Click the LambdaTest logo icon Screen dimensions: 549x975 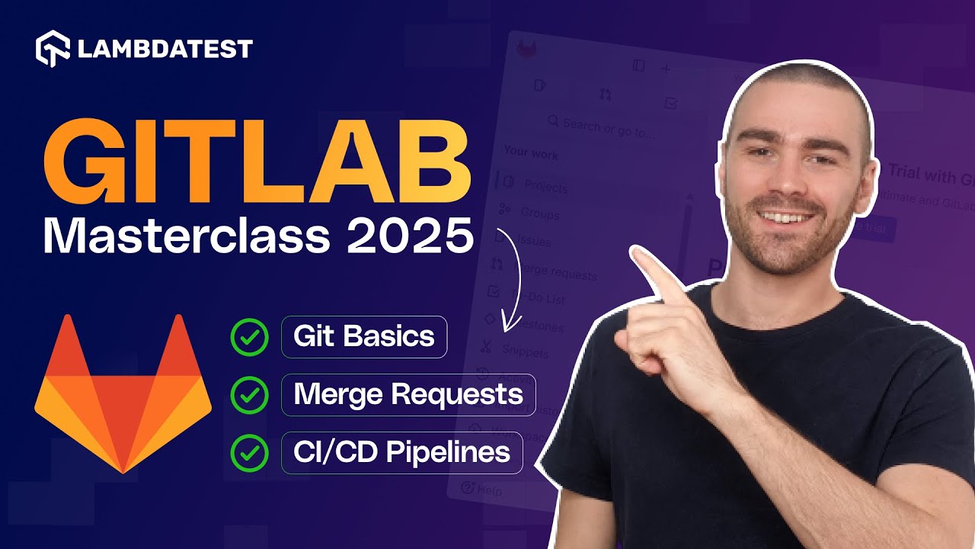click(x=53, y=50)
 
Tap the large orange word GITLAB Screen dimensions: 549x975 click(x=256, y=164)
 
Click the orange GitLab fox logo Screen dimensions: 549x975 click(x=123, y=393)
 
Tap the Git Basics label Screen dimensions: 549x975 click(x=364, y=337)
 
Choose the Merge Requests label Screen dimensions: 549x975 click(x=408, y=395)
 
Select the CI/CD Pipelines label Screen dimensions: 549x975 click(x=401, y=452)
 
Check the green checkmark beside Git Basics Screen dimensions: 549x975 click(x=249, y=337)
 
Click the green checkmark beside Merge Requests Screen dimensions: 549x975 click(x=249, y=395)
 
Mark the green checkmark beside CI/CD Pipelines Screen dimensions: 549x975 click(x=249, y=452)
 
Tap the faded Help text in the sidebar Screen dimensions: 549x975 click(x=488, y=490)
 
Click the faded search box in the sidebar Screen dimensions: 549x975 click(x=602, y=128)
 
